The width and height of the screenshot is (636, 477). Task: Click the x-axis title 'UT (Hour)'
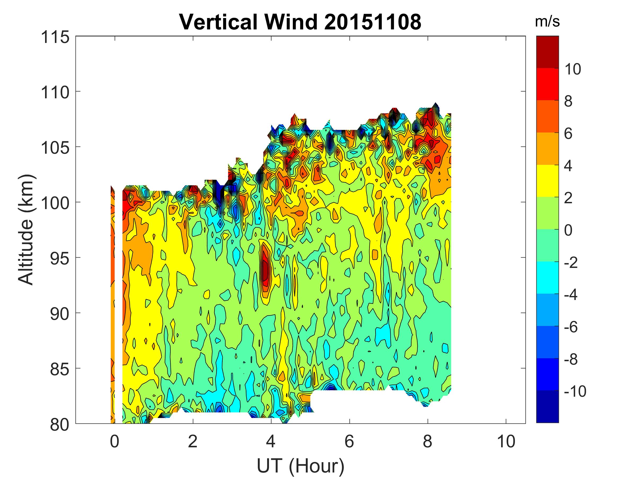300,466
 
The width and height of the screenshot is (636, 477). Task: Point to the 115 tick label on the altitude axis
55,37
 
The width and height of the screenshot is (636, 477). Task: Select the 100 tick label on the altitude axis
55,203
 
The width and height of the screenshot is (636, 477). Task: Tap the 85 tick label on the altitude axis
60,369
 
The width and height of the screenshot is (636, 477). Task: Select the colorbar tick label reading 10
573,69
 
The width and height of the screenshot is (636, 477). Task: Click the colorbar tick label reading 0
568,230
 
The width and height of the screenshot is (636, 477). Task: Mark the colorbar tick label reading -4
571,295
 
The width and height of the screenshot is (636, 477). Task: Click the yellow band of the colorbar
547,180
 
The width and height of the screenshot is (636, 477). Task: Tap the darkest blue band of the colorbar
547,406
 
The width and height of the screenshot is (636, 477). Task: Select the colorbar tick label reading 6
568,134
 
